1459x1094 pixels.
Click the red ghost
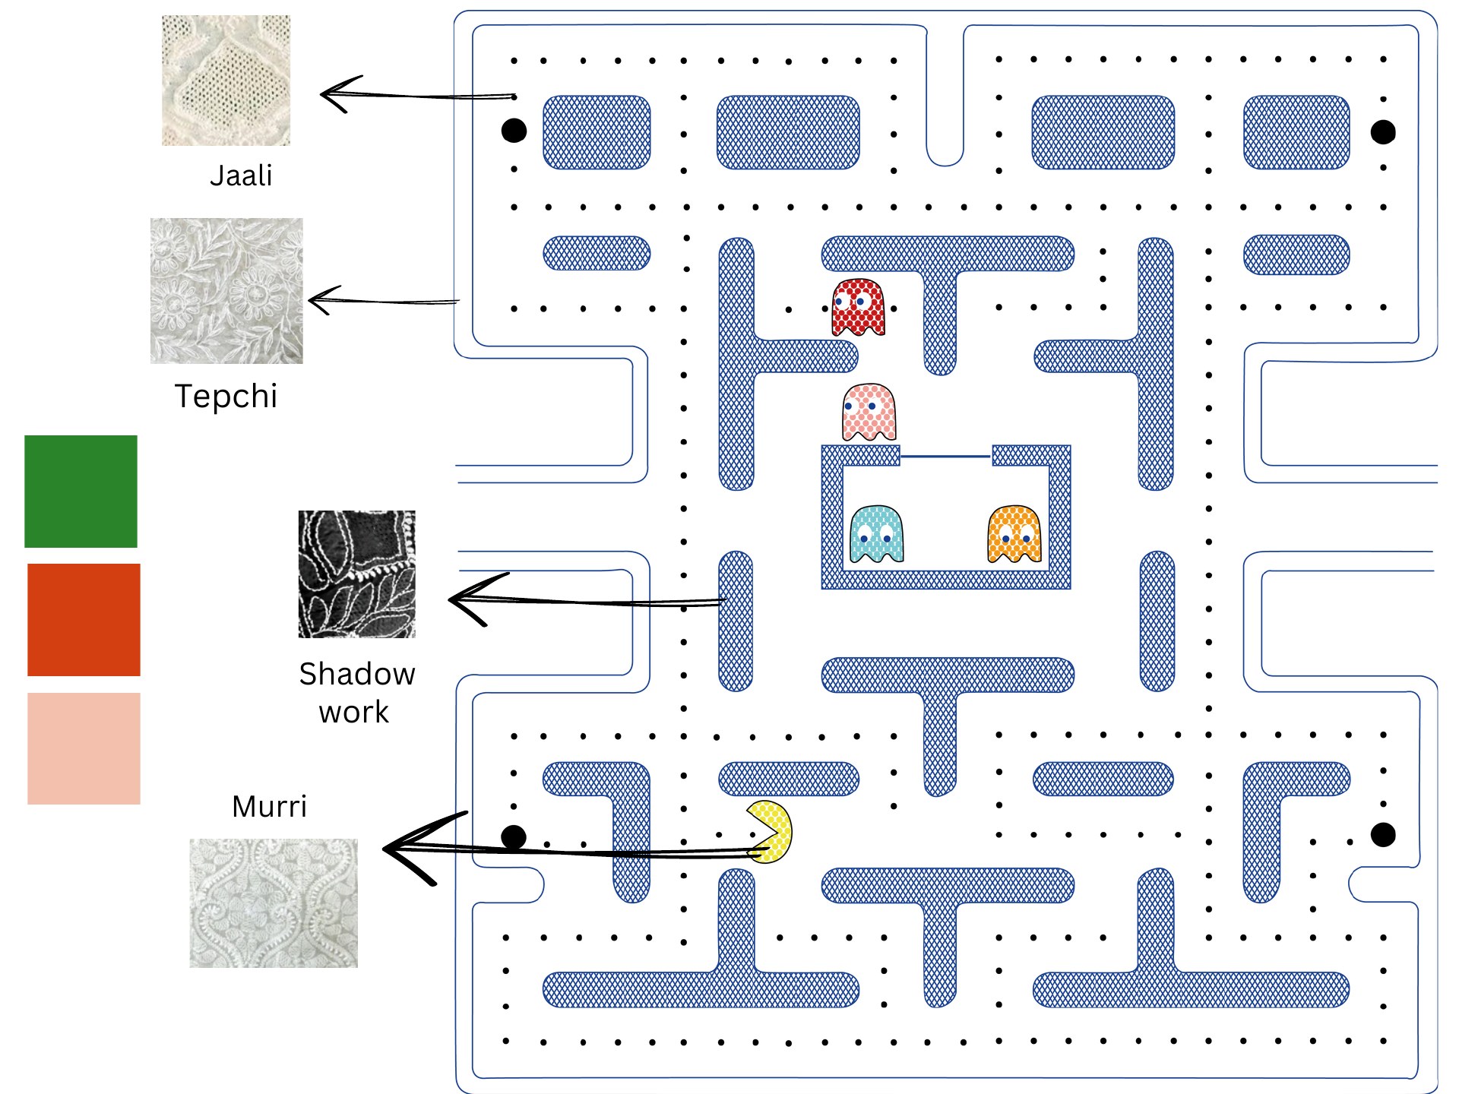[859, 308]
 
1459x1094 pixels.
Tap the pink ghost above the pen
[869, 413]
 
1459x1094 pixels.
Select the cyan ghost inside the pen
[876, 535]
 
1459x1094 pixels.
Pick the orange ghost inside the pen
[1014, 535]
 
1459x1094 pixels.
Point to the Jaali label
[241, 175]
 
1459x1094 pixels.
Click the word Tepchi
[226, 397]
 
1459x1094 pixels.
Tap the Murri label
[270, 806]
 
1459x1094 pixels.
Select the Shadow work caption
[356, 693]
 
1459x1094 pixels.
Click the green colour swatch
[81, 492]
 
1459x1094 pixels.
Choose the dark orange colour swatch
[84, 620]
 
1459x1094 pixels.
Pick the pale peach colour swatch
[84, 748]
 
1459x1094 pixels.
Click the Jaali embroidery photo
[226, 80]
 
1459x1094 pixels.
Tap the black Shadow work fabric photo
[357, 574]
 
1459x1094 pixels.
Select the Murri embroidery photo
[274, 903]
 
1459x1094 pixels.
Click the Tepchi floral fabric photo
[226, 291]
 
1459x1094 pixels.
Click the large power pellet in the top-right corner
[1383, 132]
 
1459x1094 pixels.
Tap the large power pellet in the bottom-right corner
[1383, 835]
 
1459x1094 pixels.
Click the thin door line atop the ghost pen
[946, 457]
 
